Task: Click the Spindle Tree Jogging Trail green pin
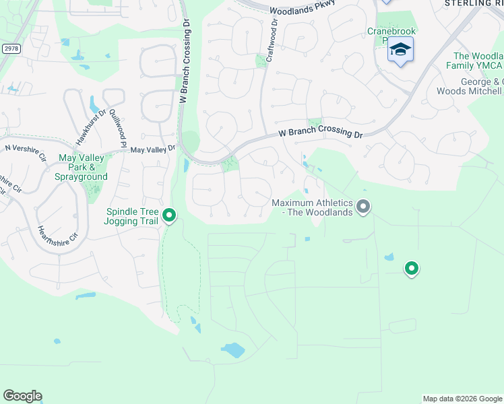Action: pos(170,215)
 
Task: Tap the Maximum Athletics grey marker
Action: pos(363,206)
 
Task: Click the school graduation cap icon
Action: pos(400,50)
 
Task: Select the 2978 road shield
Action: pos(10,48)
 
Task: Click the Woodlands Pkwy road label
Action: pos(302,10)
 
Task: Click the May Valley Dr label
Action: pos(153,149)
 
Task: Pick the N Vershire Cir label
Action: pos(25,152)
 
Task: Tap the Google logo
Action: pos(22,396)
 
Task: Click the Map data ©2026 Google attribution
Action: pos(462,399)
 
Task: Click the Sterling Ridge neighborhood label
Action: pos(474,3)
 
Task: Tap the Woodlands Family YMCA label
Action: pos(478,61)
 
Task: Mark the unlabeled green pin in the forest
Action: pos(411,268)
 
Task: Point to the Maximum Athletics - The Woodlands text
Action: pos(312,207)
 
